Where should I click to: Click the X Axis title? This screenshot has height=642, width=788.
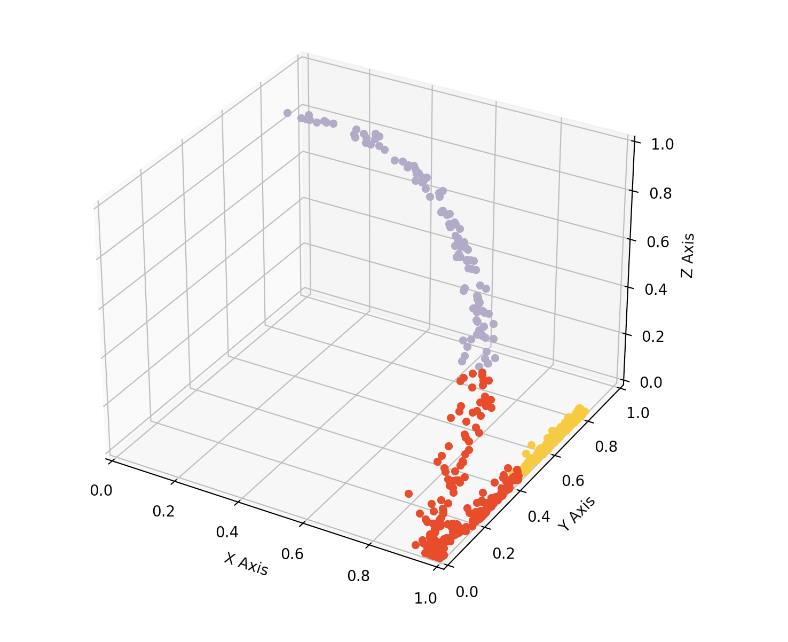tap(246, 564)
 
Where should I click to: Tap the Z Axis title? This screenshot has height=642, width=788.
tap(688, 255)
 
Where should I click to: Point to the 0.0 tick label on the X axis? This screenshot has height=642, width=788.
tap(101, 490)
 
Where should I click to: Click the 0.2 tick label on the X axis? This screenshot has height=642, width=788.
tap(163, 511)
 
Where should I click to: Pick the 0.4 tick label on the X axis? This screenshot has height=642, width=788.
tap(227, 532)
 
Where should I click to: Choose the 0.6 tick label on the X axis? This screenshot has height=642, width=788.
tap(292, 553)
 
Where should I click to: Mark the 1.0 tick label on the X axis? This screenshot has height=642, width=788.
tap(425, 598)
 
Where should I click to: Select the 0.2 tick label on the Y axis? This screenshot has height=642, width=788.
tap(503, 553)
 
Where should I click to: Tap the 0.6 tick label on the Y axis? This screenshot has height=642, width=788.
tap(573, 481)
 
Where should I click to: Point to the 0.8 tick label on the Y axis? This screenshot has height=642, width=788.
tap(606, 447)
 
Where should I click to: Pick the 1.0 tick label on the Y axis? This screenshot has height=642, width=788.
tap(637, 413)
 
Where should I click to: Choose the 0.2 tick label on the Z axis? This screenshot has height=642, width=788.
tap(657, 336)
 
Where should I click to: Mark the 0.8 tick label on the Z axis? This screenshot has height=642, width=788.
tap(661, 193)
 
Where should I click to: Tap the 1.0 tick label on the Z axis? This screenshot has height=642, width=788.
tap(662, 144)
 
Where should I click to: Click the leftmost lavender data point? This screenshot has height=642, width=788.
tap(288, 113)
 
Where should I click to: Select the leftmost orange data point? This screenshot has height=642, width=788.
tap(409, 494)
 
